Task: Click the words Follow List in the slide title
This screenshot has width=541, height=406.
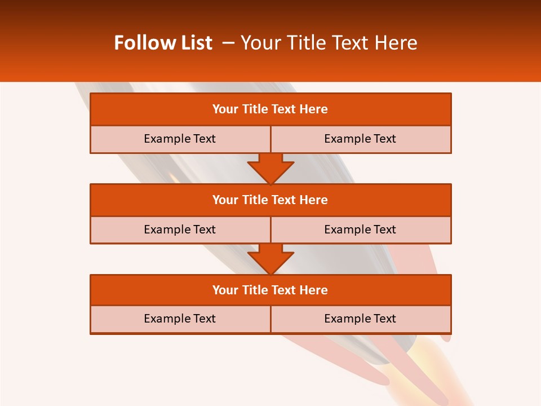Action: (163, 43)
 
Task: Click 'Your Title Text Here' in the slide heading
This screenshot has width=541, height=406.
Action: (329, 43)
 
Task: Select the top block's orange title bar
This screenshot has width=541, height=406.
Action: (270, 109)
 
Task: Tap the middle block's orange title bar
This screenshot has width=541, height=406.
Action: (270, 200)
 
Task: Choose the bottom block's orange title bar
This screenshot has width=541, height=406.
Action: (270, 290)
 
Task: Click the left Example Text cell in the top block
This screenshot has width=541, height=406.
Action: (180, 139)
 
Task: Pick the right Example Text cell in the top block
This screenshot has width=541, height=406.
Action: (360, 139)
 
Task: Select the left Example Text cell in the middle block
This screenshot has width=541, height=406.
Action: (180, 230)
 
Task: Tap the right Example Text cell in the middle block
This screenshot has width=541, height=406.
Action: (360, 230)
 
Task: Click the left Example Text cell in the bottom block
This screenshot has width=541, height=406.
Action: (180, 319)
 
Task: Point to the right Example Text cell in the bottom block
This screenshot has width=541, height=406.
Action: (360, 319)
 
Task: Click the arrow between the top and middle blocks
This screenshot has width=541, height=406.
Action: (270, 168)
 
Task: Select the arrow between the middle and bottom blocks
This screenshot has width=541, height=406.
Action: (270, 259)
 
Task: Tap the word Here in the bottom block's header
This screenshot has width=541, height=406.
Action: (314, 290)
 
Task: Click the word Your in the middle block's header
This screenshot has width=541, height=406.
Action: (225, 200)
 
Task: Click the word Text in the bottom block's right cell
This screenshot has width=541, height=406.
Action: (384, 319)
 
